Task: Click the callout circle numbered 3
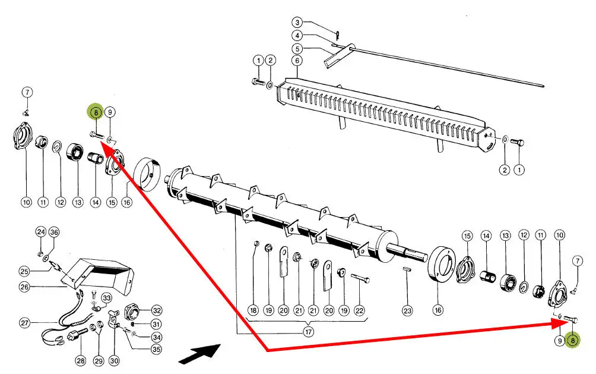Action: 297,22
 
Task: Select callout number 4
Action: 297,35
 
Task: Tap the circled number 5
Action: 297,48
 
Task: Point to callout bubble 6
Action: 297,61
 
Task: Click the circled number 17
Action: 308,332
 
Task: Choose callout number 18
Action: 253,310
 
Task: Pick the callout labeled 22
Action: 359,310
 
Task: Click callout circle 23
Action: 407,310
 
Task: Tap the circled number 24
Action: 40,231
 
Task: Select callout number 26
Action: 24,287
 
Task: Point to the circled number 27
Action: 24,323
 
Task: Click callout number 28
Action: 81,360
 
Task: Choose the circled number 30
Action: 115,360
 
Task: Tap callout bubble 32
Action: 156,310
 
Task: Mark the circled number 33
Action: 106,297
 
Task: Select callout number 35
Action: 156,350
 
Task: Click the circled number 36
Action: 54,231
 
